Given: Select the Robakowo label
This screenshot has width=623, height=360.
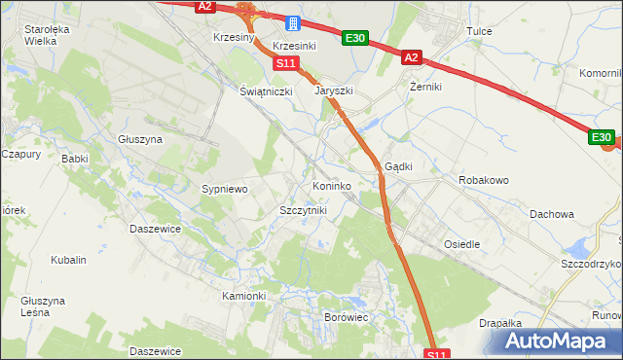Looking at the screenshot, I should tap(484, 180).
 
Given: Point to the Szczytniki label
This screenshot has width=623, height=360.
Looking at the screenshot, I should tap(303, 210).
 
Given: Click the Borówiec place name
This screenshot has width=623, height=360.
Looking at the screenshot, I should tap(345, 317).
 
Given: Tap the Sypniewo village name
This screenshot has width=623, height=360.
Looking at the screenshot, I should tap(225, 189).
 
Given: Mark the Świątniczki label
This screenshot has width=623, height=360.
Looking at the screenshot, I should tap(267, 90).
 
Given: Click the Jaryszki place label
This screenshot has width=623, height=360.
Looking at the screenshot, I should tap(333, 90).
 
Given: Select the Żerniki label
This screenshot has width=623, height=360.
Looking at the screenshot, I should tap(426, 87).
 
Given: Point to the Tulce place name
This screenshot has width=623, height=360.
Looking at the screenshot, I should tap(479, 31).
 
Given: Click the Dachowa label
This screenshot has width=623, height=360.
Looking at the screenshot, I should tap(552, 214).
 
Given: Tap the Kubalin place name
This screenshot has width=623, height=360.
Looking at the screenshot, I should tap(69, 261).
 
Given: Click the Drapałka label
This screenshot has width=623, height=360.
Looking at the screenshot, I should tap(501, 323).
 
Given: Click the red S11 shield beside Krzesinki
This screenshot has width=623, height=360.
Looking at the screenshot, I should tap(284, 63).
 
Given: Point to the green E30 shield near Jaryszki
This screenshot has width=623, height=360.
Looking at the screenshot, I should tap(354, 39).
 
